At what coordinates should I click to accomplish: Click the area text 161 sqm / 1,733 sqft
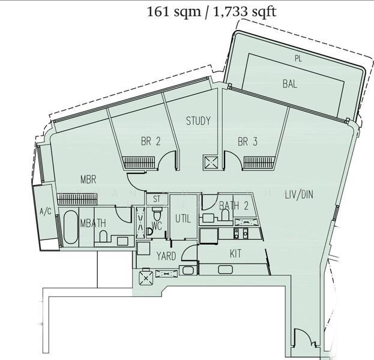tap(211, 11)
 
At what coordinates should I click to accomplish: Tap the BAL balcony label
tap(289, 85)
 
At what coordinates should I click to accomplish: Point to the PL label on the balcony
tap(298, 58)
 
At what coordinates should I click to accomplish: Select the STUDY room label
tap(198, 121)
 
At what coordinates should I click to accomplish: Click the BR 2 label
tap(151, 142)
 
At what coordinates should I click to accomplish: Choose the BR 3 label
tap(247, 142)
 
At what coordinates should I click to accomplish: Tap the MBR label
tap(89, 179)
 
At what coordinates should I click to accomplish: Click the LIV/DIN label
tap(299, 194)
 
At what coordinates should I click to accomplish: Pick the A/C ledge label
tap(45, 212)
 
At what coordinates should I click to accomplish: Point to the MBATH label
tap(93, 223)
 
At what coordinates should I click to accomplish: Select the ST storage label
tap(157, 199)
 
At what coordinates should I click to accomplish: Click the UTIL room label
tap(182, 220)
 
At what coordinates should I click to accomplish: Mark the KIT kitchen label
tap(235, 254)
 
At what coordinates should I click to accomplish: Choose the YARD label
tap(166, 256)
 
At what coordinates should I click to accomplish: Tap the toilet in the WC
tap(157, 215)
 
